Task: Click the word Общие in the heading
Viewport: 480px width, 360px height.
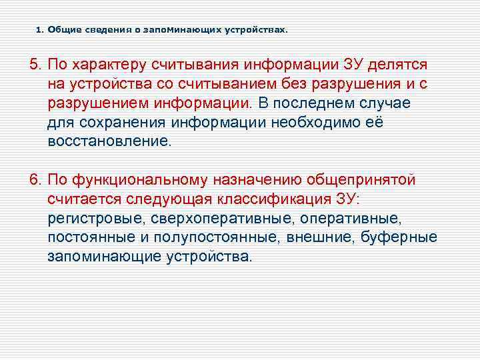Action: [x=61, y=30]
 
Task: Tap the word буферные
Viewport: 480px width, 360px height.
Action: [x=399, y=238]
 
